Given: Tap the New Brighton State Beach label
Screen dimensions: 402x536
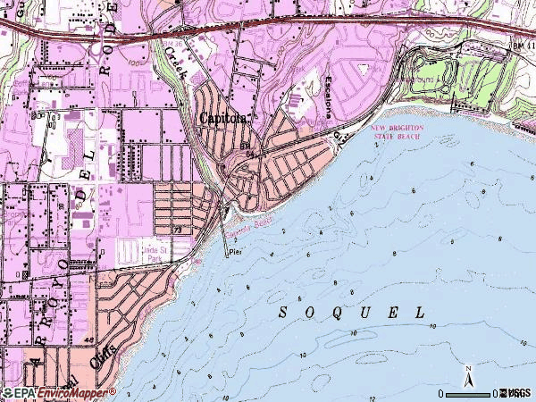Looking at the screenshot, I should tap(397, 133).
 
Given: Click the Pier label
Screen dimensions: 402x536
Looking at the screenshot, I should tap(236, 253).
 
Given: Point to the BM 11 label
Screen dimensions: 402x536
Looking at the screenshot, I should tap(523, 45).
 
